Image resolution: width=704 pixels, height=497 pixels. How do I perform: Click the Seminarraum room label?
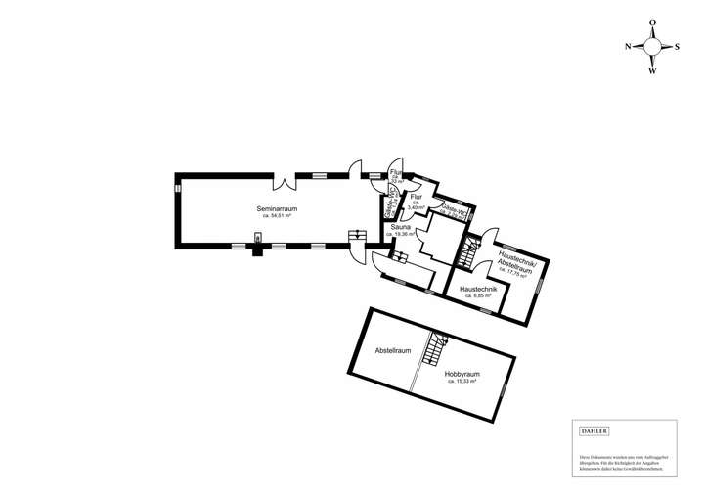[277, 209]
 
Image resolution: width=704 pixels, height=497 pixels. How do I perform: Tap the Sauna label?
[401, 227]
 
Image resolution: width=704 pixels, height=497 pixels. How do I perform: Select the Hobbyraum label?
[462, 374]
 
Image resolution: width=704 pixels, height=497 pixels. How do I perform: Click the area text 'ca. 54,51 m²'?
[277, 216]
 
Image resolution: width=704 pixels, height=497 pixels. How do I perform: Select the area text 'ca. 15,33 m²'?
[462, 382]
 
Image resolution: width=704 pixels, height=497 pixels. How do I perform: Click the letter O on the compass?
[652, 22]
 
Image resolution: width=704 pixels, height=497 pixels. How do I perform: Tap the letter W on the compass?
[652, 70]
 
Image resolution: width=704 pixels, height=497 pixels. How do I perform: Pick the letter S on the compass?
[676, 46]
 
